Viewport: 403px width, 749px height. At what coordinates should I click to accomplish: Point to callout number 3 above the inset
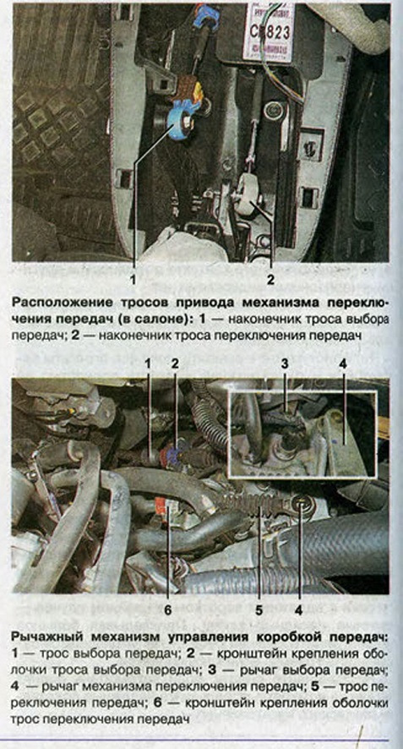pos(285,364)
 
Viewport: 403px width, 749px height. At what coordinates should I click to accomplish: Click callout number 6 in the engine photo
pos(168,610)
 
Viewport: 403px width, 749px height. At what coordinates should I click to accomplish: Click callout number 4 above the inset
pos(343,364)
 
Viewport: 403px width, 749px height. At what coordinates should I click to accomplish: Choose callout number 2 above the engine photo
pos(175,364)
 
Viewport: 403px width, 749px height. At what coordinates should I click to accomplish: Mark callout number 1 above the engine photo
pos(148,364)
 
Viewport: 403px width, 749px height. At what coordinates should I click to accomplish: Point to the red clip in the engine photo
pos(161,506)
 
